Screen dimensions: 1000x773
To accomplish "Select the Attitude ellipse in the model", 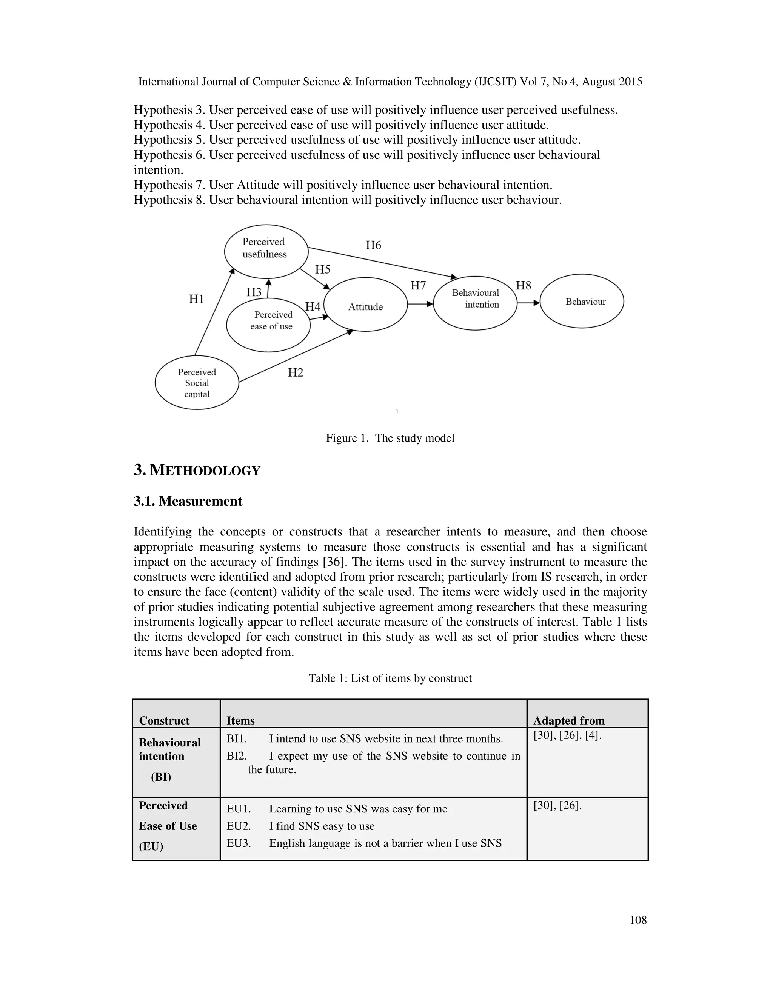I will click(x=365, y=305).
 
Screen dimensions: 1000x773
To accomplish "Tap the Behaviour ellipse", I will click(x=582, y=301).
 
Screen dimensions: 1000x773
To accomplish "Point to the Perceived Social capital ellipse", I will click(x=197, y=383).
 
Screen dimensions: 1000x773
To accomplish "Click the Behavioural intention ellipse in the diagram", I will click(x=475, y=303).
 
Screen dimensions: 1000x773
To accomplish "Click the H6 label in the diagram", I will click(x=373, y=245).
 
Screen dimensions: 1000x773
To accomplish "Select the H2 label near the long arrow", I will click(x=296, y=373).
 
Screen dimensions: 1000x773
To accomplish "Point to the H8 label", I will click(x=524, y=286).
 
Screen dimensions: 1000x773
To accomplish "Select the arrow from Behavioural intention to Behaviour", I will click(x=528, y=303).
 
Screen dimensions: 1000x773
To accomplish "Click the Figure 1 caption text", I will click(x=390, y=438).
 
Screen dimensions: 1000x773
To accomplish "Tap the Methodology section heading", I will click(x=197, y=470).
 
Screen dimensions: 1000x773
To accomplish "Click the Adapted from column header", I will click(x=569, y=721).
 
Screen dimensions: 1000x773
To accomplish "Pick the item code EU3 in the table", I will click(x=239, y=843).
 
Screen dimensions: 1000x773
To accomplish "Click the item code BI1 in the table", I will click(x=237, y=738).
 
